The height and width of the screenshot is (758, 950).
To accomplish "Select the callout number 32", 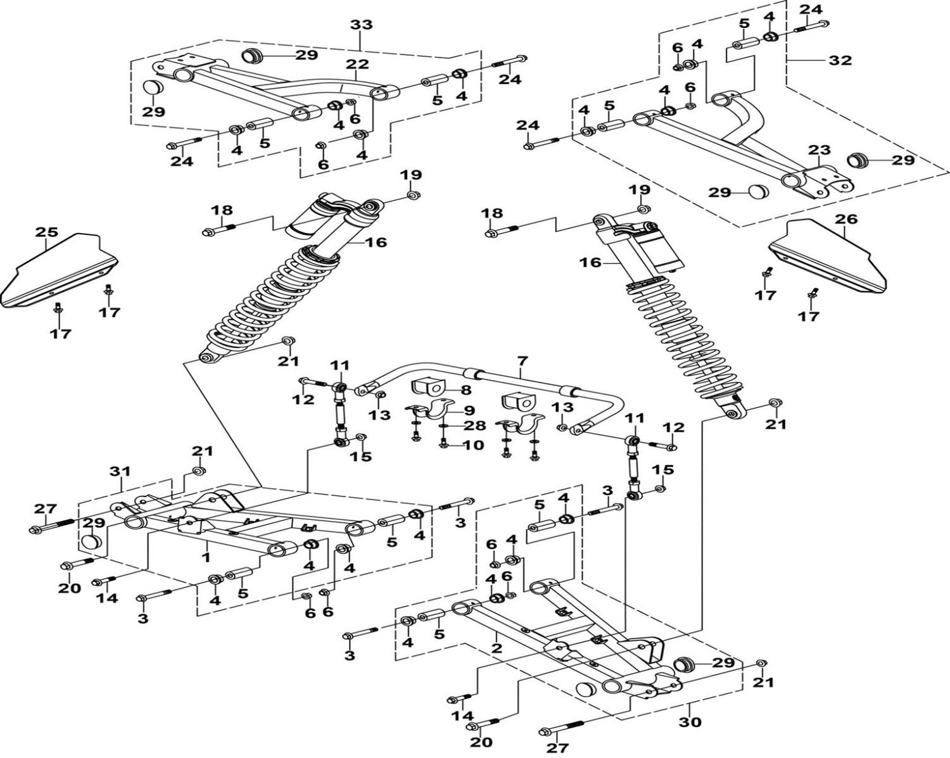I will pyautogui.click(x=840, y=61).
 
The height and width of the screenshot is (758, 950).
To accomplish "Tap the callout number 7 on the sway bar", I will pyautogui.click(x=522, y=362).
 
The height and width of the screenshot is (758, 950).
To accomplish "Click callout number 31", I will pyautogui.click(x=120, y=472).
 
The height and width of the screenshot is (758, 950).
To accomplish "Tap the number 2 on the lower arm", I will pyautogui.click(x=497, y=648).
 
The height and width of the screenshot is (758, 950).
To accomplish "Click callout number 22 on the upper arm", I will pyautogui.click(x=357, y=64).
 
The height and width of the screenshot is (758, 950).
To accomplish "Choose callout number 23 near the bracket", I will pyautogui.click(x=819, y=150).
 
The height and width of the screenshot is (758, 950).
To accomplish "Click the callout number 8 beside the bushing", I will pyautogui.click(x=465, y=389).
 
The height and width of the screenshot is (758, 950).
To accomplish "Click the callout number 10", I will pyautogui.click(x=473, y=445).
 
